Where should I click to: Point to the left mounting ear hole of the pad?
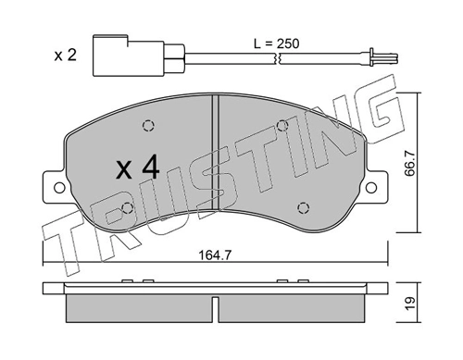61,188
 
